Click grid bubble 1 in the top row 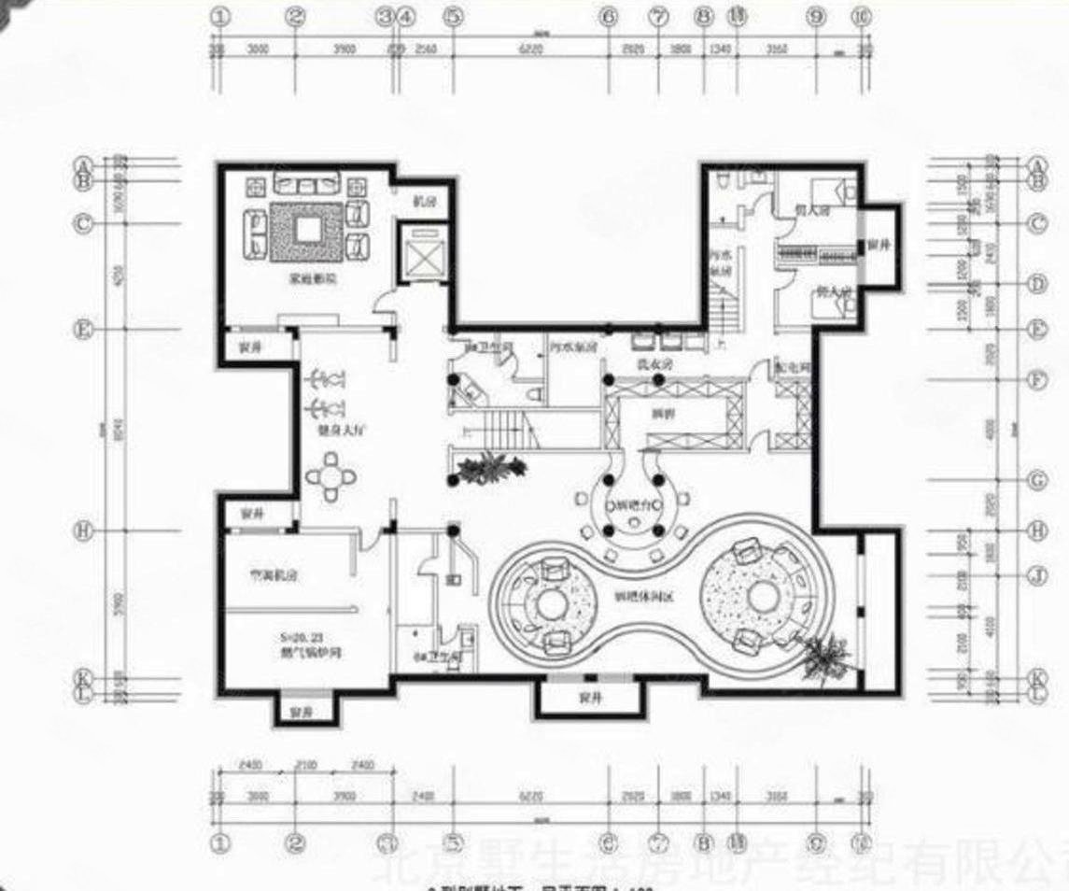pos(220,16)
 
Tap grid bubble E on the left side pos(84,330)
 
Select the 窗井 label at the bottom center pos(589,697)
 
